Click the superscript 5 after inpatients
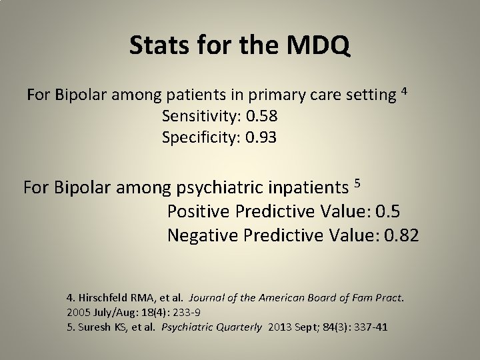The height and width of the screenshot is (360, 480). [357, 183]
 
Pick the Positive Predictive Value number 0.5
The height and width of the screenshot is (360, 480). [388, 211]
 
